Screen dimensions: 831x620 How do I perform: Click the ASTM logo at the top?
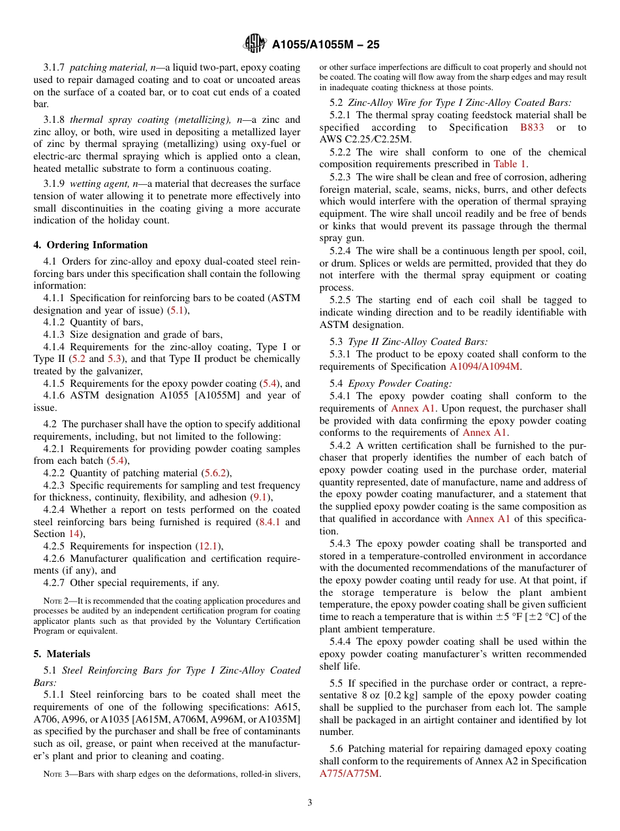pyautogui.click(x=254, y=44)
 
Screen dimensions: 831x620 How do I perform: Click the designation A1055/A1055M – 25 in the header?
pyautogui.click(x=325, y=44)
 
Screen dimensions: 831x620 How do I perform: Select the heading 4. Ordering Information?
pyautogui.click(x=91, y=245)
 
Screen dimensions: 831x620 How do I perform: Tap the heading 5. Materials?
pyautogui.click(x=62, y=654)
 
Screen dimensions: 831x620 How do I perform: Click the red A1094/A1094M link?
pyautogui.click(x=484, y=367)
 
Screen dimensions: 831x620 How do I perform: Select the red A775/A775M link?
pyautogui.click(x=349, y=774)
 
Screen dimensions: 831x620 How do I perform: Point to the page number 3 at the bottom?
pyautogui.click(x=310, y=803)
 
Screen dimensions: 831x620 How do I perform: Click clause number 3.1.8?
pyautogui.click(x=55, y=120)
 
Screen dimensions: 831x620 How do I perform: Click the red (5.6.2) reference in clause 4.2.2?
pyautogui.click(x=216, y=473)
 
